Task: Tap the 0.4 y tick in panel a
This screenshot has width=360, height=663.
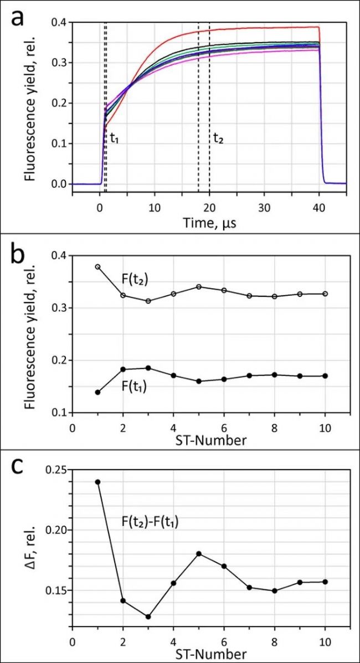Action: pos(58,22)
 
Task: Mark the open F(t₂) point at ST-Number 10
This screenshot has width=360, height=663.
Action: pos(325,294)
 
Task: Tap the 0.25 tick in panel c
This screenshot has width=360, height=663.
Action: pos(55,470)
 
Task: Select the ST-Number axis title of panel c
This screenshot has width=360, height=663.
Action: pos(211,655)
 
